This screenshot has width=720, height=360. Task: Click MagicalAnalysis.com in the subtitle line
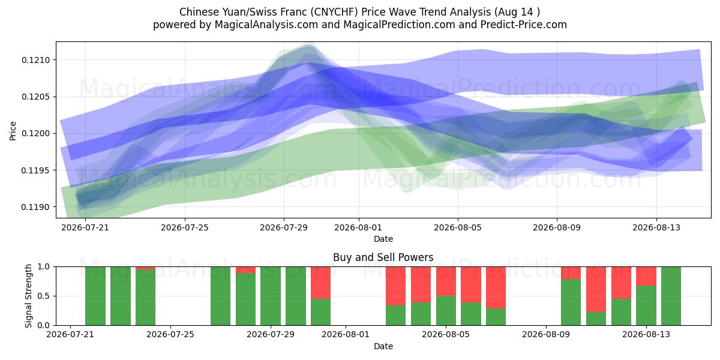[266, 25]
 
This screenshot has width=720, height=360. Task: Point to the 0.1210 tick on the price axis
[35, 60]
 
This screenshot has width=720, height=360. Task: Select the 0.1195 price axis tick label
[35, 170]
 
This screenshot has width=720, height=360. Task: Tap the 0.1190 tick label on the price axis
[35, 208]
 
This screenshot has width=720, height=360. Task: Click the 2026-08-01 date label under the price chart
[358, 227]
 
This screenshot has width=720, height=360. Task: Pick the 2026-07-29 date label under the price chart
[284, 227]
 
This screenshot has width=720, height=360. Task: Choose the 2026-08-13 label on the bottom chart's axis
[646, 334]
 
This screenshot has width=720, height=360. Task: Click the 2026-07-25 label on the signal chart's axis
[170, 334]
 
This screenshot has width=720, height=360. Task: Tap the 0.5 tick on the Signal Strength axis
[44, 296]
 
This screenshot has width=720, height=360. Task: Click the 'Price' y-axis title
[13, 131]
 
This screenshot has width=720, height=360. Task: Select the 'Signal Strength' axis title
[28, 296]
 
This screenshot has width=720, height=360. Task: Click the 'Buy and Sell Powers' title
[383, 257]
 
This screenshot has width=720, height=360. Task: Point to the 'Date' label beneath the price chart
[383, 239]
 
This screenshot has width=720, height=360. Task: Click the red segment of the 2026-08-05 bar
[446, 281]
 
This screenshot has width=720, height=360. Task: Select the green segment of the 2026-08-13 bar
[646, 305]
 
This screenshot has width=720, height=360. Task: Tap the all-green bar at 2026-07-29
[271, 296]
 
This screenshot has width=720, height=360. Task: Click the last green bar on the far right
[671, 296]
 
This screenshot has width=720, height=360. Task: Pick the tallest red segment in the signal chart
[596, 289]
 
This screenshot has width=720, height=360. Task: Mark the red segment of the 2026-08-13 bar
[646, 276]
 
